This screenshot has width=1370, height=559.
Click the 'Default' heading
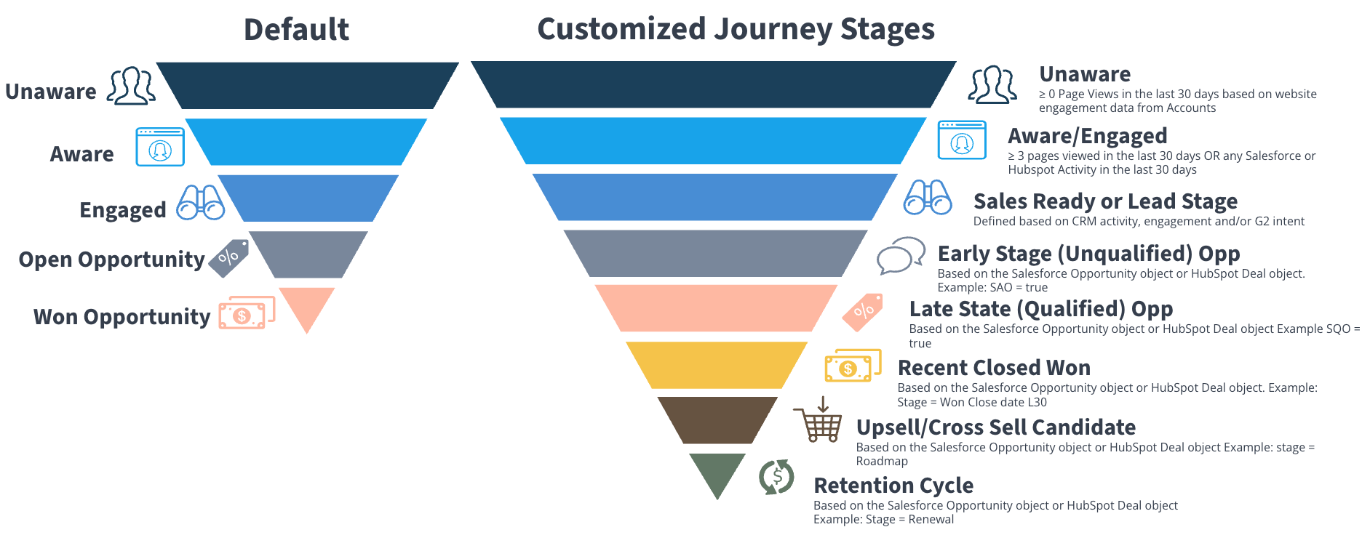pyautogui.click(x=296, y=30)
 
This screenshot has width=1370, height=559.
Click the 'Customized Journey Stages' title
pyautogui.click(x=736, y=30)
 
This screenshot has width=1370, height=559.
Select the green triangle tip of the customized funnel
pyautogui.click(x=717, y=471)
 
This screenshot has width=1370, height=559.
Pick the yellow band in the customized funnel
pyautogui.click(x=717, y=365)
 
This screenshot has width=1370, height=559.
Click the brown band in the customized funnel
pyautogui.click(x=717, y=419)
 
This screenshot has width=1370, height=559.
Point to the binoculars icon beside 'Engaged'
pyautogui.click(x=200, y=203)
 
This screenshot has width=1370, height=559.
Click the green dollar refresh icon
pyautogui.click(x=776, y=478)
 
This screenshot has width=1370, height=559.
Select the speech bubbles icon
pyautogui.click(x=901, y=255)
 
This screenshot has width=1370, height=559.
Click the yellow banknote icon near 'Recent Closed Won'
pyautogui.click(x=852, y=366)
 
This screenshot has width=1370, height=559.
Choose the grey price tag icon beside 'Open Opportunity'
pyautogui.click(x=228, y=258)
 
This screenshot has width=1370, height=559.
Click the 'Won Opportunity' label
pyautogui.click(x=122, y=317)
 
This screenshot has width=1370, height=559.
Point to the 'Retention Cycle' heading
pyautogui.click(x=893, y=486)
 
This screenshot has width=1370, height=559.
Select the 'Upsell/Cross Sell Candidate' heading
pyautogui.click(x=995, y=427)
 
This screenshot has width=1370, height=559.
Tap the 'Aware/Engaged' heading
pyautogui.click(x=1087, y=136)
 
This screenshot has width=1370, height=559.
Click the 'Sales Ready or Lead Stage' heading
pyautogui.click(x=1104, y=201)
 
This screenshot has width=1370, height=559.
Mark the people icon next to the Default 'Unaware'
pyautogui.click(x=132, y=87)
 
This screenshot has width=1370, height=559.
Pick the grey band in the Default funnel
pyautogui.click(x=308, y=254)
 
